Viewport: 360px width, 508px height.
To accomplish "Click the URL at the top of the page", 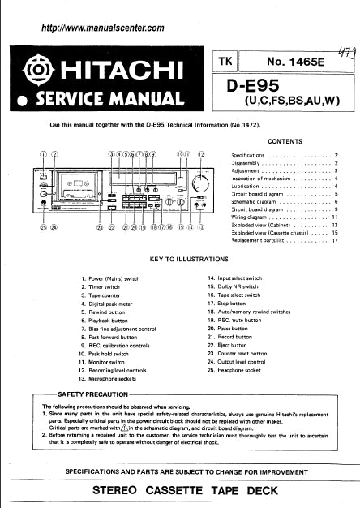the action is (x=102, y=28).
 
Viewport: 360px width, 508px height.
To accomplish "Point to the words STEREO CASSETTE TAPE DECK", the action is (x=180, y=491).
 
